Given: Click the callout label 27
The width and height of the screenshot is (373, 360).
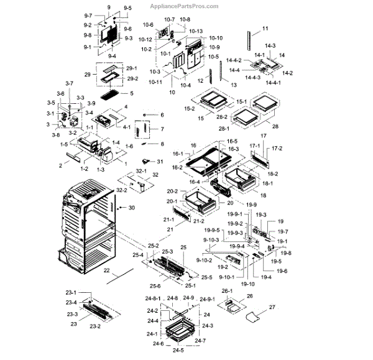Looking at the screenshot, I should point(271,307).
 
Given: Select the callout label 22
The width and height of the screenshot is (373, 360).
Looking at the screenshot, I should point(106,270).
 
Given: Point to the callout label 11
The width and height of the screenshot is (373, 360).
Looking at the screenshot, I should point(265,30).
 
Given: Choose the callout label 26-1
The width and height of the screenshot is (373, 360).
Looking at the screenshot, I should point(227,291).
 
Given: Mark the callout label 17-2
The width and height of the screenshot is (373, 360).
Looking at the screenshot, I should point(277,149).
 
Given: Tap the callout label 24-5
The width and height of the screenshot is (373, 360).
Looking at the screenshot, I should point(178,350).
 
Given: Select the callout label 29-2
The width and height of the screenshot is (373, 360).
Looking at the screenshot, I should point(131,79).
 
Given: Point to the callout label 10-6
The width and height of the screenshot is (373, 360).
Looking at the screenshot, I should point(147,25).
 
